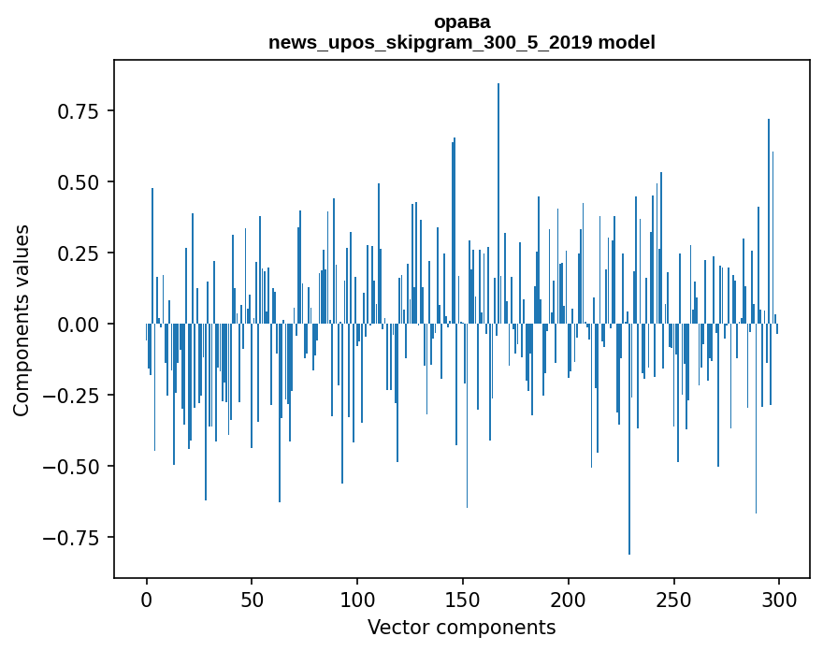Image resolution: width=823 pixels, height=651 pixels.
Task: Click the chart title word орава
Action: coord(461,22)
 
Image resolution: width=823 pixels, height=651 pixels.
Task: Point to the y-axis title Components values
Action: coord(22,320)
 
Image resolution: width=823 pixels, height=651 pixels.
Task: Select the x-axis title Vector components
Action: coord(461,627)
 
